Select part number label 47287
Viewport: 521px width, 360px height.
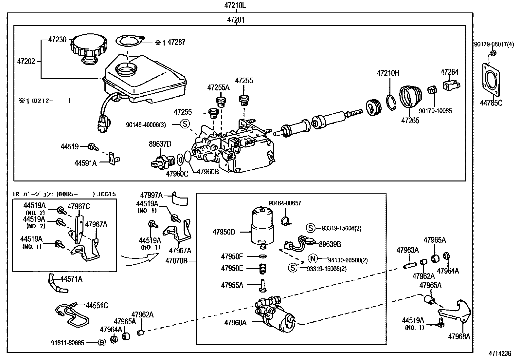176,42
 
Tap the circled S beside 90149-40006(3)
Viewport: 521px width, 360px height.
185,124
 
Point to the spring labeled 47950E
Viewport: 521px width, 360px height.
262,269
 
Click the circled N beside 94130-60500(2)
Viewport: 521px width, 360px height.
313,259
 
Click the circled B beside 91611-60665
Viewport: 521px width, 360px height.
102,343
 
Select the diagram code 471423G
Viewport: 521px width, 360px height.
500,353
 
